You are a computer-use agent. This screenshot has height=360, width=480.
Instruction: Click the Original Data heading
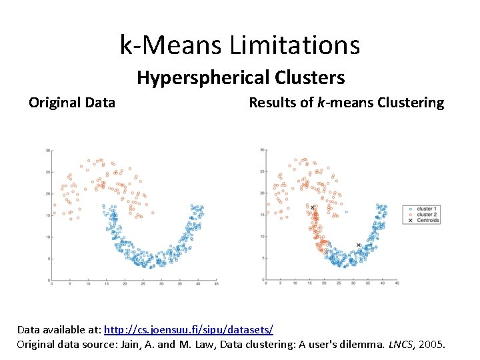click(72, 103)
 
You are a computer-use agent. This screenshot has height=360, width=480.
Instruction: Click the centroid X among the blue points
click(358, 245)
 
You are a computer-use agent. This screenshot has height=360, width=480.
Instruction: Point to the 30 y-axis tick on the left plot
click(47, 151)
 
